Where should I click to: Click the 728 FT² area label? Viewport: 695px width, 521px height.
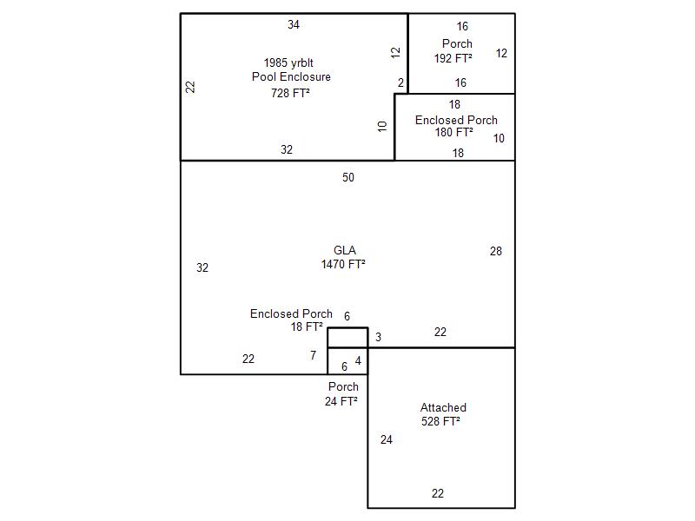tap(290, 93)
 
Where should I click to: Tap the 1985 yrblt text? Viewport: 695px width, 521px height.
tap(288, 63)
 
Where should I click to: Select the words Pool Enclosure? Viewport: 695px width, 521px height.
tap(291, 76)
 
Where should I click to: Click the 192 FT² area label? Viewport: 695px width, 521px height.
tap(453, 58)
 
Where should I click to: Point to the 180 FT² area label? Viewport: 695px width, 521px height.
tap(453, 132)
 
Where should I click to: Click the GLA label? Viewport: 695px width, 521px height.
tap(345, 250)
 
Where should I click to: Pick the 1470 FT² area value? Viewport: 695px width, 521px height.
tap(343, 264)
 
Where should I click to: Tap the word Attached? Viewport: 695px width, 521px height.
tap(443, 407)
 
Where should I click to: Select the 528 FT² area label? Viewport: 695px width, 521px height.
tap(440, 421)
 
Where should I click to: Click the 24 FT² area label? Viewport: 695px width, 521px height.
tap(341, 401)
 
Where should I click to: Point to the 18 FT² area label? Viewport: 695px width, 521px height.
tap(307, 327)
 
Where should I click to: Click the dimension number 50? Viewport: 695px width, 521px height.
tap(348, 178)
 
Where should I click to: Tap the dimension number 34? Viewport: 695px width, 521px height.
tap(294, 25)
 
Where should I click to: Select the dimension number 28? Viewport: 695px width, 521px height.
tap(496, 252)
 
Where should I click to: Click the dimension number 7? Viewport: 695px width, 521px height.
tap(314, 355)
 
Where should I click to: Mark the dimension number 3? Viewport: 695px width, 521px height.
tap(378, 338)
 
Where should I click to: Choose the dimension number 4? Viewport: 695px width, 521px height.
tap(358, 361)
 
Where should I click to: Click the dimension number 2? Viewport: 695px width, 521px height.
tap(400, 82)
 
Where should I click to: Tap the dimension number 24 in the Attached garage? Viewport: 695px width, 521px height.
tap(387, 440)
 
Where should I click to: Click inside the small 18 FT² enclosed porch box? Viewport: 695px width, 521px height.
tap(347, 338)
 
